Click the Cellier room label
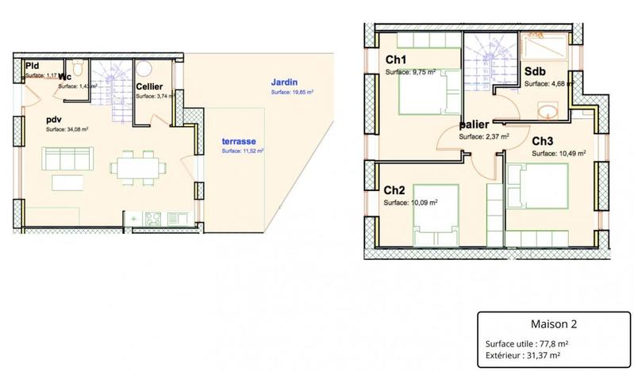point(149,86)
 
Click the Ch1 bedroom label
point(396,60)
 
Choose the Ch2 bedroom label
point(394,191)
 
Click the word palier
point(475,125)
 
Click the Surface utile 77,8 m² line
point(529,343)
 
